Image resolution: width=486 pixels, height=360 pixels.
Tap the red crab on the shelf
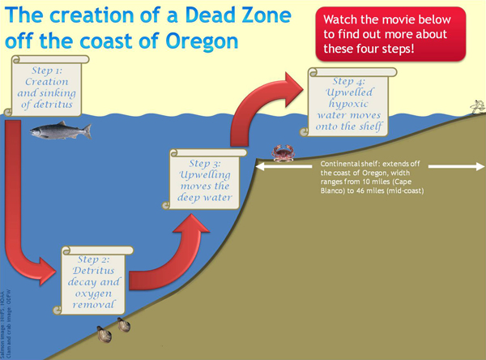283,152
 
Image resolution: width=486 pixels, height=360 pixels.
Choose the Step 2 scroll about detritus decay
96,280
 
